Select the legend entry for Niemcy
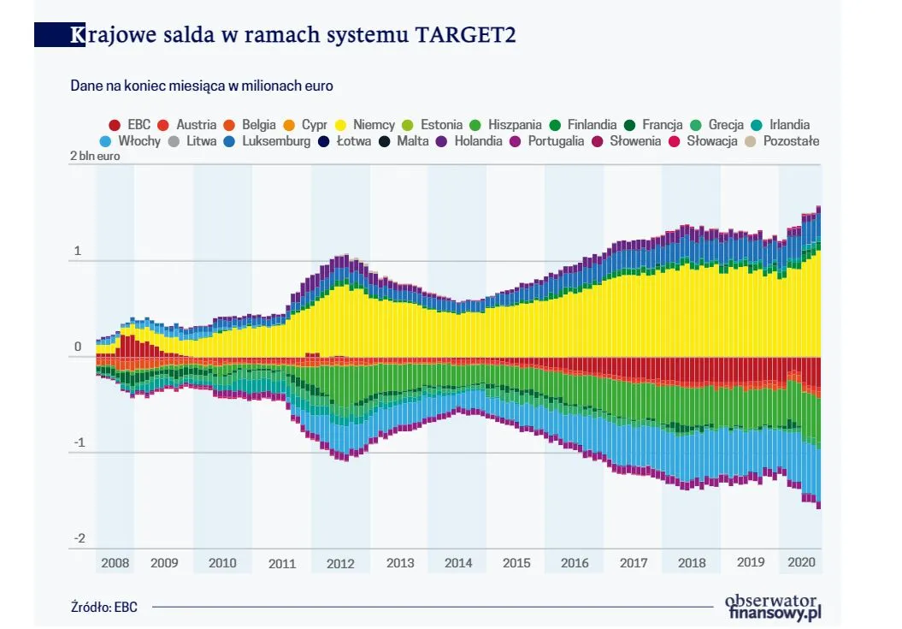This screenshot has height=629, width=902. (x=365, y=125)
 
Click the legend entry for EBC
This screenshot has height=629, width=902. (x=130, y=125)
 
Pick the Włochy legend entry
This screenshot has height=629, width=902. (x=130, y=140)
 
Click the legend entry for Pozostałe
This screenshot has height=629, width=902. (x=782, y=140)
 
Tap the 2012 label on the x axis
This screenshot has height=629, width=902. (x=340, y=563)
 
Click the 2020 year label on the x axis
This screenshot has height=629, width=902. (x=800, y=563)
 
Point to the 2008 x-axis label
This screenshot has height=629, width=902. (x=115, y=563)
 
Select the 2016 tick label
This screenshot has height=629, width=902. (x=574, y=563)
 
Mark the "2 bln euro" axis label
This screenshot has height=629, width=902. (x=95, y=157)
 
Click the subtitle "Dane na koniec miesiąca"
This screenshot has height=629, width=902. (x=202, y=86)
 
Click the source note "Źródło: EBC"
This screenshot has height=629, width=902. (x=104, y=607)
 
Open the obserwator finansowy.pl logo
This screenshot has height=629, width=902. (x=772, y=606)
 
